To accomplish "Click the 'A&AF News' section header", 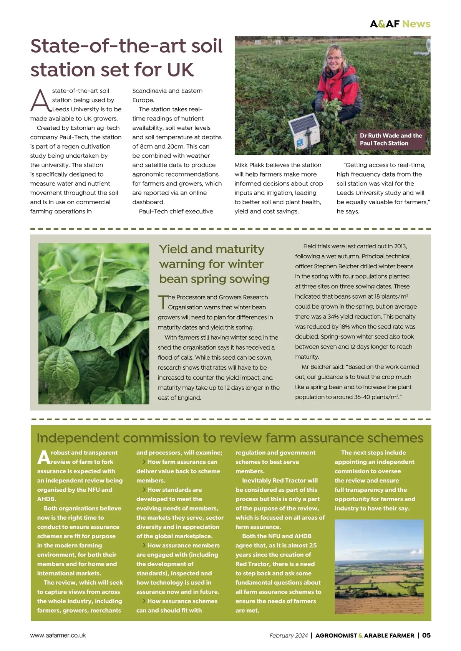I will click(x=400, y=24).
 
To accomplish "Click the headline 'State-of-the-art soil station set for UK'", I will click(x=126, y=58).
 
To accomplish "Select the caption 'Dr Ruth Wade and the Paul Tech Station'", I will click(x=391, y=139).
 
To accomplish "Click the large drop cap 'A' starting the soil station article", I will click(x=40, y=101).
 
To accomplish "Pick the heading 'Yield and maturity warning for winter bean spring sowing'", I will click(x=214, y=264).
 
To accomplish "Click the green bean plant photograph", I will click(x=94, y=323).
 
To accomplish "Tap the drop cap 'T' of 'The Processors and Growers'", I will click(x=163, y=302).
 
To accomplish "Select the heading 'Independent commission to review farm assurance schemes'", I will click(x=230, y=438).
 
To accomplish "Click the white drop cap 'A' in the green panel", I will click(x=44, y=457).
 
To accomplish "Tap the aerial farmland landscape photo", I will click(x=379, y=566).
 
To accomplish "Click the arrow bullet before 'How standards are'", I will click(x=144, y=490).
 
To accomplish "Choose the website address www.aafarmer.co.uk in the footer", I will click(x=58, y=635).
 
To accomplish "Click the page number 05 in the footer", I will click(x=426, y=635).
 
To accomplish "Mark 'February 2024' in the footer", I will click(x=289, y=636).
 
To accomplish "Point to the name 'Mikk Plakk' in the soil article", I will click(x=250, y=165).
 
